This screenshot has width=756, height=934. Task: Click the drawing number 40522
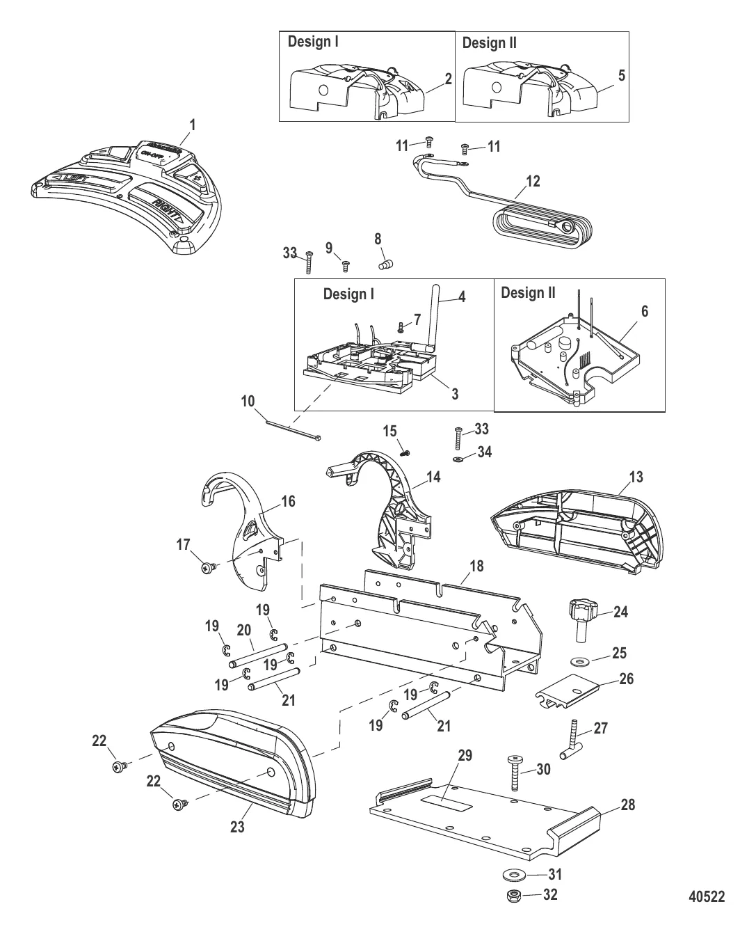(x=705, y=896)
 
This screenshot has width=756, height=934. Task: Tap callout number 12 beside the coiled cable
(x=533, y=182)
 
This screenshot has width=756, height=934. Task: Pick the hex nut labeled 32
(x=515, y=896)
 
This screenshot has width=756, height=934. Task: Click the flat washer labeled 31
(x=515, y=873)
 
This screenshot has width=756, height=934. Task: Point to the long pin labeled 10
(x=292, y=427)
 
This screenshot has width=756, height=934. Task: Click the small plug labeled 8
(x=385, y=265)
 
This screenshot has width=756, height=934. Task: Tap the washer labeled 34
(x=458, y=460)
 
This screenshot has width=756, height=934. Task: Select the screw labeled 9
(x=345, y=264)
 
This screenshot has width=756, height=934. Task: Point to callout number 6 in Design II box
(x=644, y=311)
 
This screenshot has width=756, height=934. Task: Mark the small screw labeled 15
(x=408, y=452)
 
